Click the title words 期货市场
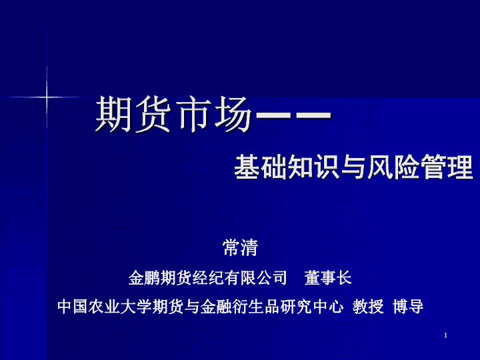[173, 114]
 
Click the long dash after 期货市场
[293, 115]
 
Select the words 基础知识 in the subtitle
[287, 167]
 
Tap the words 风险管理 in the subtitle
[420, 167]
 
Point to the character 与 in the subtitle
[353, 167]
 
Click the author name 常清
[240, 247]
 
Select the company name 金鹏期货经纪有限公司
[207, 278]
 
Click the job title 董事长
[328, 278]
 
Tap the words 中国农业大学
[105, 307]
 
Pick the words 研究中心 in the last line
[311, 307]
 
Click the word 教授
[368, 307]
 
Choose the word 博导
[408, 307]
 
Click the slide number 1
[446, 335]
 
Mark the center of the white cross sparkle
[47, 97]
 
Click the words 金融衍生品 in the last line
[240, 307]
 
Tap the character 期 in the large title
[114, 114]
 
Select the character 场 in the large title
[233, 114]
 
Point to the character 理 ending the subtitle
[460, 167]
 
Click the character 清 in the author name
[249, 247]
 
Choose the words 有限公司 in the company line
[255, 278]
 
